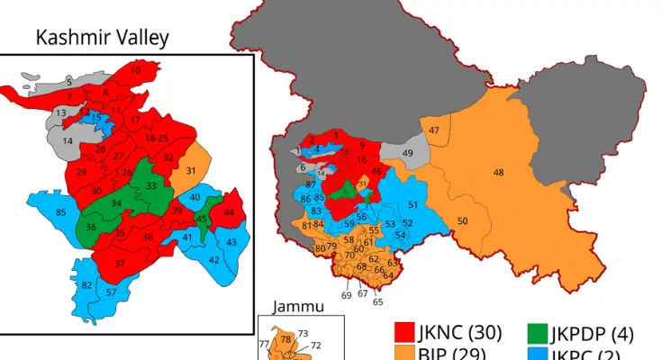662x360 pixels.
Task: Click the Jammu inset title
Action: (x=299, y=306)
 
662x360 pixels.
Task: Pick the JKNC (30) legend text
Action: (x=459, y=333)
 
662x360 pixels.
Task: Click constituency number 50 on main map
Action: (x=462, y=221)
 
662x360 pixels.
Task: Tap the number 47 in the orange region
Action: (x=435, y=131)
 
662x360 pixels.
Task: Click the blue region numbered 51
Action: (x=413, y=205)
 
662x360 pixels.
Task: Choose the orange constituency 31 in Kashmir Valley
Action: (x=191, y=171)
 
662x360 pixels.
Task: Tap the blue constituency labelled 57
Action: (x=111, y=293)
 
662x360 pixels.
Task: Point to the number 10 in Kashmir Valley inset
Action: (x=135, y=70)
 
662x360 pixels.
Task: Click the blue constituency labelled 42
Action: (x=213, y=259)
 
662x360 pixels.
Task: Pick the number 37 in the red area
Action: (x=120, y=263)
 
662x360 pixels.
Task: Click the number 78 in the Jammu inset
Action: (x=286, y=339)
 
